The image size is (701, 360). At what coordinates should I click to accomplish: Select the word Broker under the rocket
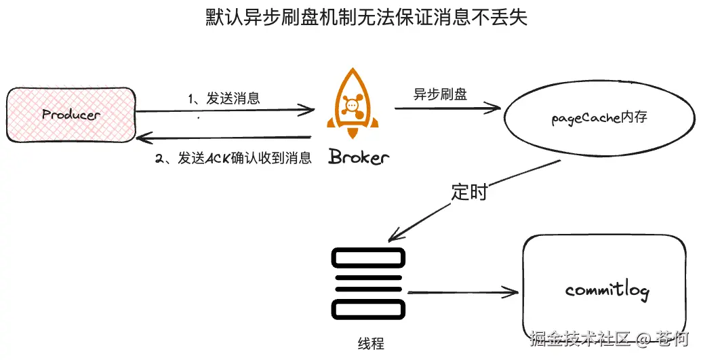359,157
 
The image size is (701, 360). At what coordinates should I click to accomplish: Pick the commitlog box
606,291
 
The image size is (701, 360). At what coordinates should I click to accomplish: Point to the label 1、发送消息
224,98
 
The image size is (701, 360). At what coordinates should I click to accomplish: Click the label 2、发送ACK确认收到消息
234,159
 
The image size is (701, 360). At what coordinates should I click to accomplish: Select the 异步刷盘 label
440,94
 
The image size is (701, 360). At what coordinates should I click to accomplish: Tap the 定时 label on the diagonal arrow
469,192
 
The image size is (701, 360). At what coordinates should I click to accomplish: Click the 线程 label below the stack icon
370,343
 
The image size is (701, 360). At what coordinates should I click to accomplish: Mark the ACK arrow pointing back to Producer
224,138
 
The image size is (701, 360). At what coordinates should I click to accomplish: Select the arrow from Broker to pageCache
447,107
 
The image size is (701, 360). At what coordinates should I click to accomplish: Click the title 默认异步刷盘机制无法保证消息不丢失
365,17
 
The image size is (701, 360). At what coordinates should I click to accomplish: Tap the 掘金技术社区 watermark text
580,338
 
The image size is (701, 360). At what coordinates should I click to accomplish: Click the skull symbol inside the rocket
351,104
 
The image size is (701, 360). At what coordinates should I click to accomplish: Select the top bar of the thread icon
368,257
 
